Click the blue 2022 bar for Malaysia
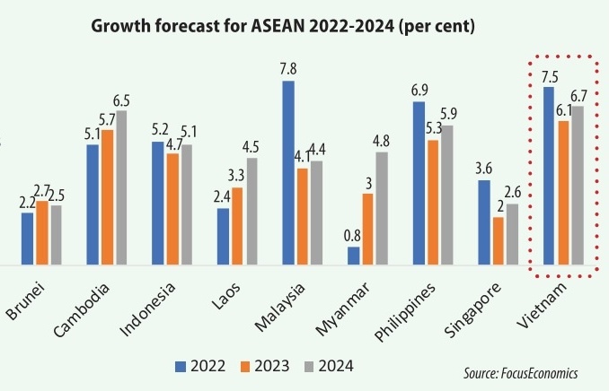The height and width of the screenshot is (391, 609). [288, 173]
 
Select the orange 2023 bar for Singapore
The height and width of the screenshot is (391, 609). [498, 241]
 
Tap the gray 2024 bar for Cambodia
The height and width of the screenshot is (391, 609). [120, 187]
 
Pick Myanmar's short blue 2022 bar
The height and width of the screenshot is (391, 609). [353, 256]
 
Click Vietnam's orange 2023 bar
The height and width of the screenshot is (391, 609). [563, 193]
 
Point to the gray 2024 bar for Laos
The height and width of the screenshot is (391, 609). [252, 212]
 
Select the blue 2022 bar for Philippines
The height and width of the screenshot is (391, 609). [419, 184]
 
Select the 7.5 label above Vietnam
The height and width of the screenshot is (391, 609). [548, 76]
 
